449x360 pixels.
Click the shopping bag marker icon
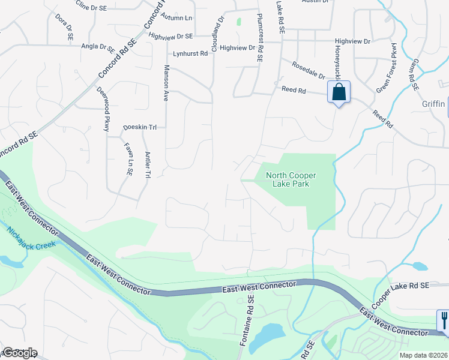pyautogui.click(x=339, y=92)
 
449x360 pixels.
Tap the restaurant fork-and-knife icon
pyautogui.click(x=444, y=319)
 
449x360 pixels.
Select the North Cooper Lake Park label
pyautogui.click(x=291, y=179)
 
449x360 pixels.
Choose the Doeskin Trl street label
pyautogui.click(x=139, y=127)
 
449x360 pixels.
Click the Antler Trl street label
pyautogui.click(x=148, y=164)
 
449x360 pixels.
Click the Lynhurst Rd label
pyautogui.click(x=190, y=53)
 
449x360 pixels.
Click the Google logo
pyautogui.click(x=19, y=353)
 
